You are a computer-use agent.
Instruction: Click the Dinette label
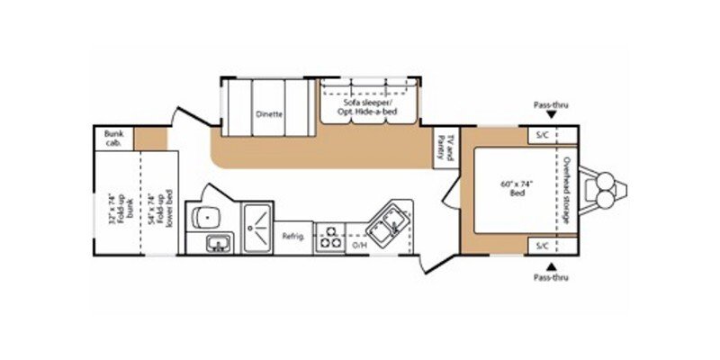[269, 114]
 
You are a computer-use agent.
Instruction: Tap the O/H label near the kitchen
[359, 244]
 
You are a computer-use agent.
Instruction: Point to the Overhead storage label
[569, 191]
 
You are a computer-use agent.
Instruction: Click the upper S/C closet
[543, 136]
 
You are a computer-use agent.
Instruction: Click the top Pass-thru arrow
[551, 116]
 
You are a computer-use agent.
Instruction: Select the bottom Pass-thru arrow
[551, 265]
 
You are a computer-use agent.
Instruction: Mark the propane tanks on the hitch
[602, 190]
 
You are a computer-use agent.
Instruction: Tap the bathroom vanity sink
[216, 242]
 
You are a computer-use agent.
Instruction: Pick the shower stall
[258, 229]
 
